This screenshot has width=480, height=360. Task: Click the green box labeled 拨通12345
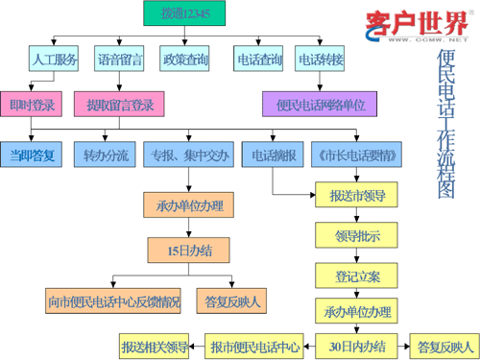click(184, 13)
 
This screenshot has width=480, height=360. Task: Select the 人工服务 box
click(54, 59)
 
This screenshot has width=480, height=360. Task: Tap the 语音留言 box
click(119, 59)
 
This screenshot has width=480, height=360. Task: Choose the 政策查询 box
click(184, 59)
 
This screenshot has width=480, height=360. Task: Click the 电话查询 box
click(258, 59)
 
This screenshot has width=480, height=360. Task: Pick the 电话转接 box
click(320, 59)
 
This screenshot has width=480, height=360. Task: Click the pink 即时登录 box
click(31, 104)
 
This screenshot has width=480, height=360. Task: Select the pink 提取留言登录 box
click(119, 104)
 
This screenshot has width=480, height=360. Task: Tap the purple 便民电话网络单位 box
click(320, 104)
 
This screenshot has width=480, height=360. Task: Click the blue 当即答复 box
click(31, 155)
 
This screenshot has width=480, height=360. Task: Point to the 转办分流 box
click(105, 155)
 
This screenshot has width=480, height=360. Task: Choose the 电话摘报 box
click(273, 155)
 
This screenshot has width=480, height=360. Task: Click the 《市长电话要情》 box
click(356, 155)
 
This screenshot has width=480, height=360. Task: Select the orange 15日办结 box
click(188, 251)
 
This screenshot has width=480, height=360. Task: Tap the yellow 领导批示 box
click(356, 235)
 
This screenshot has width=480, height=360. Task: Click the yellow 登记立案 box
click(356, 276)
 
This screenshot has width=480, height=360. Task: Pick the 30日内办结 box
click(356, 346)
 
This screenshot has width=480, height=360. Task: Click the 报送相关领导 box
click(154, 346)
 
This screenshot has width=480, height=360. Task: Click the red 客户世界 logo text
click(418, 23)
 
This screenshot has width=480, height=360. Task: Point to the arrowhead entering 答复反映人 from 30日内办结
click(407, 347)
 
